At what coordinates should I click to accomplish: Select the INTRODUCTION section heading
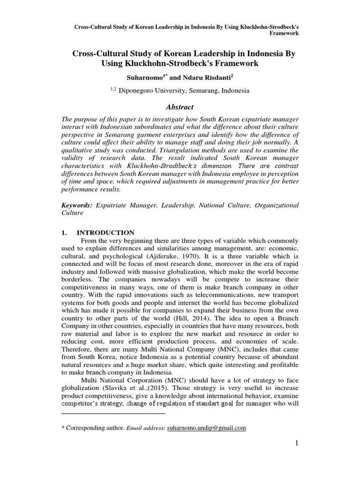click(105, 232)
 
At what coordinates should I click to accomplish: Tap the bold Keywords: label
click(77, 205)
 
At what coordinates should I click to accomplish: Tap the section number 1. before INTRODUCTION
click(65, 232)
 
